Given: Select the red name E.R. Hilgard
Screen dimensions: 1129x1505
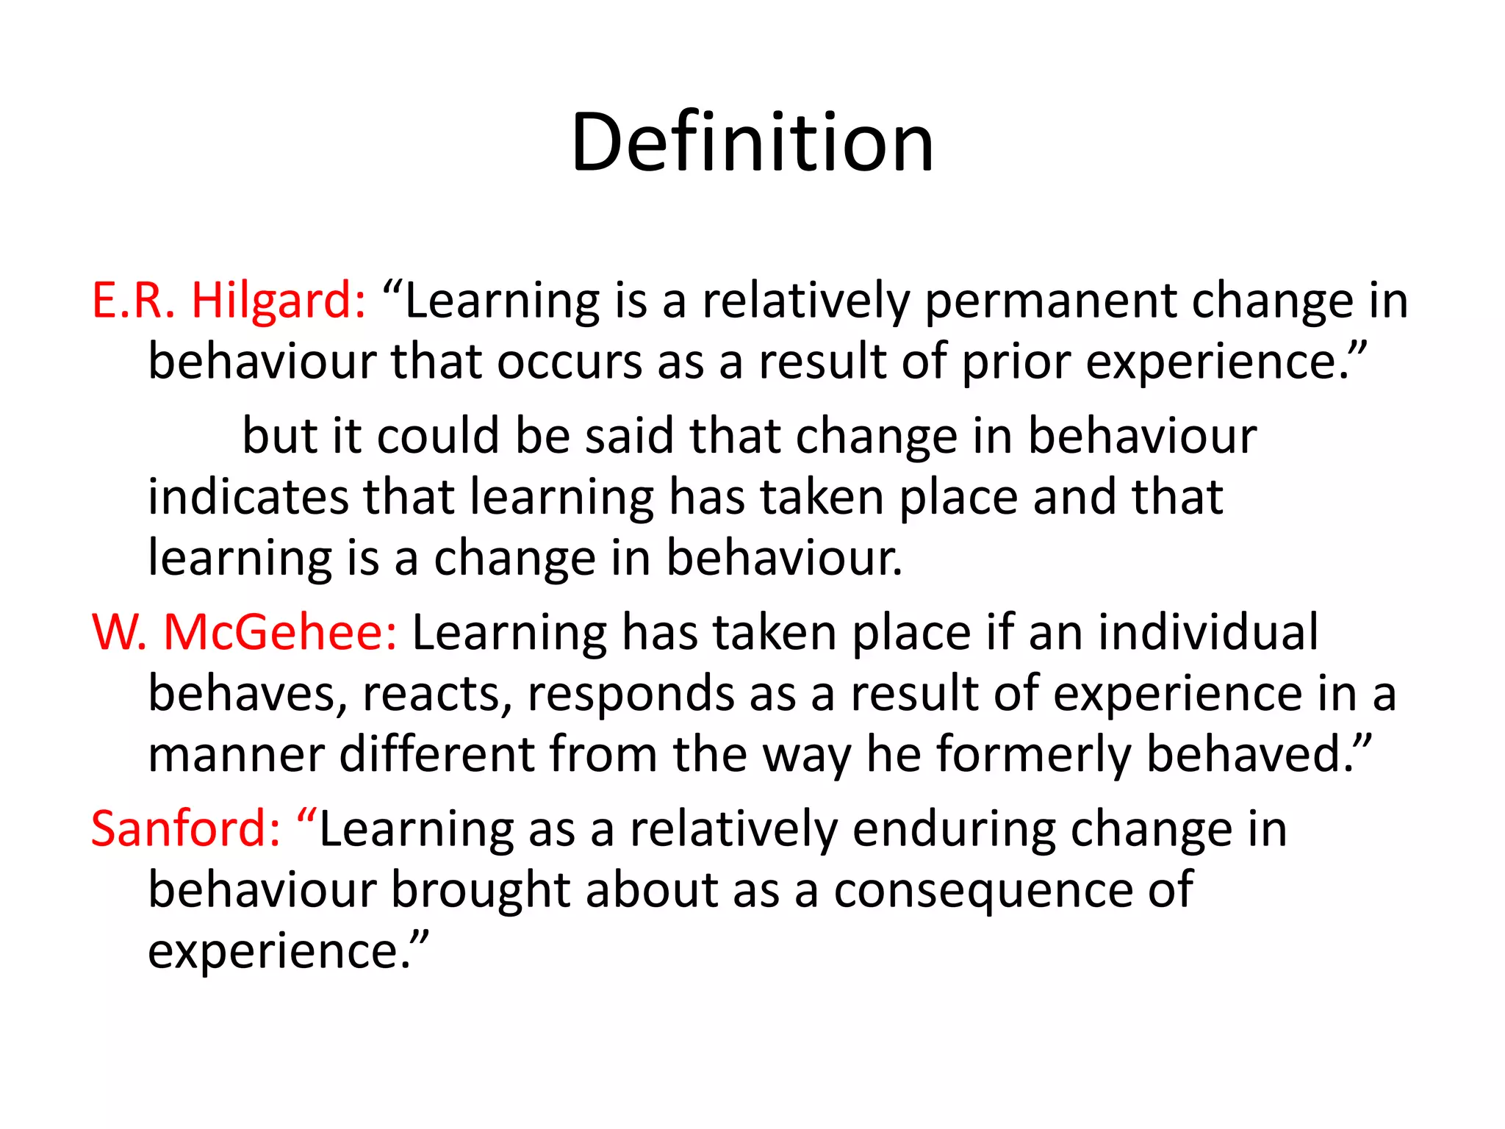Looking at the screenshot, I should pyautogui.click(x=228, y=301).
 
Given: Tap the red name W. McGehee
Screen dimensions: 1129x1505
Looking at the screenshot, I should pyautogui.click(x=244, y=632).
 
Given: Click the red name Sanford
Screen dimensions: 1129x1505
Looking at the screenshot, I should pyautogui.click(x=185, y=828).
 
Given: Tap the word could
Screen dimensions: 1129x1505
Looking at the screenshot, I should pyautogui.click(x=438, y=436).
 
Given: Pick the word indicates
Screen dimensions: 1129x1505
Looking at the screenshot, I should pyautogui.click(x=248, y=497).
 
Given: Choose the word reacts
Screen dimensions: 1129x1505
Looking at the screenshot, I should pyautogui.click(x=437, y=695).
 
